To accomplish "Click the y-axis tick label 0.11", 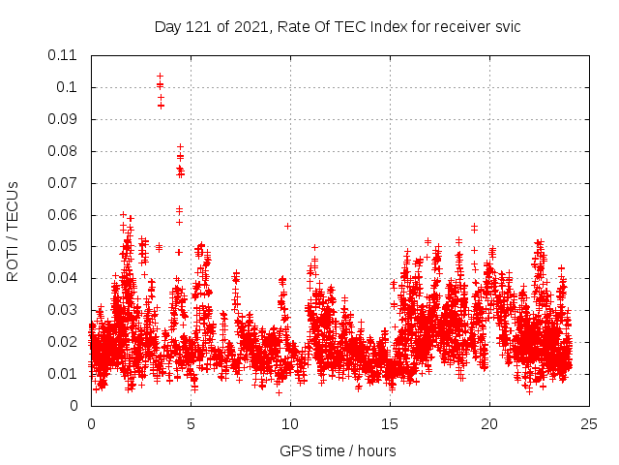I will point(63,55).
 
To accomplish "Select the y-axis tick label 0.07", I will point(63,182).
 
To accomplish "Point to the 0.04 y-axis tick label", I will point(63,278).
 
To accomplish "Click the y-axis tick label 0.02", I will point(63,341).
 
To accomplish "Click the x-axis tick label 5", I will point(191,423).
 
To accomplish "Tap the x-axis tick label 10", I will point(290,423).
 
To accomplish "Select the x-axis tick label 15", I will point(390,423).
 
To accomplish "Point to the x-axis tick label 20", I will point(489,423).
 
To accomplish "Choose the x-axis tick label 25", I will point(589,423).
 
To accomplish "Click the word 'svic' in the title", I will point(508,27).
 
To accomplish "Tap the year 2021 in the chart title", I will point(248,27).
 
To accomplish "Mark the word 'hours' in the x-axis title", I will point(376,450).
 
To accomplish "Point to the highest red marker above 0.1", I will point(160,76).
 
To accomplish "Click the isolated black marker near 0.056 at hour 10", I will point(287,226).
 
